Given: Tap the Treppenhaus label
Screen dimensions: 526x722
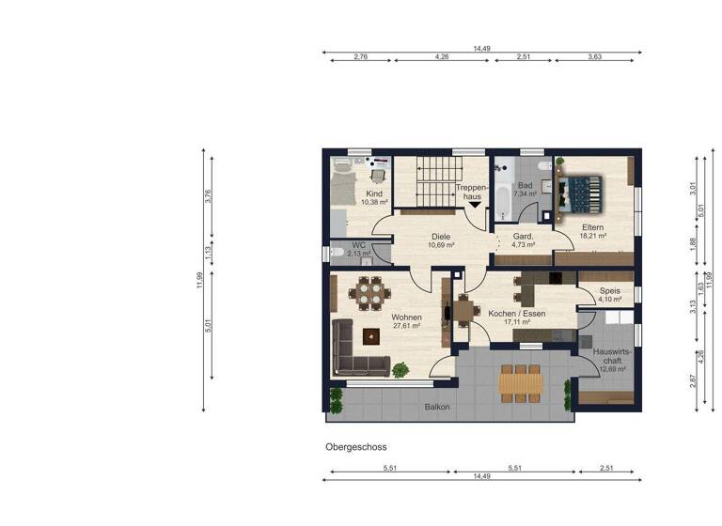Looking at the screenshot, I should [x=470, y=193].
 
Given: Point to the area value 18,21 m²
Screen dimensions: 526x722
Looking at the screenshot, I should [x=593, y=237].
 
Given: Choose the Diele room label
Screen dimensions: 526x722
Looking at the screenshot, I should [x=440, y=236].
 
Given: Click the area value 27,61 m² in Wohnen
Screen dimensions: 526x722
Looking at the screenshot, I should [x=406, y=326].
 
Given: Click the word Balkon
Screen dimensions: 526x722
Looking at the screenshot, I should [x=436, y=407].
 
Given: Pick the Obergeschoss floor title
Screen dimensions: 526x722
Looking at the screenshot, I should [x=356, y=447].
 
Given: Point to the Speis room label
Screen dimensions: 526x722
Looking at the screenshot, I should [x=610, y=291].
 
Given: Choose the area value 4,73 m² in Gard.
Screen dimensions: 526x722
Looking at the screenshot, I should [x=524, y=244].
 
